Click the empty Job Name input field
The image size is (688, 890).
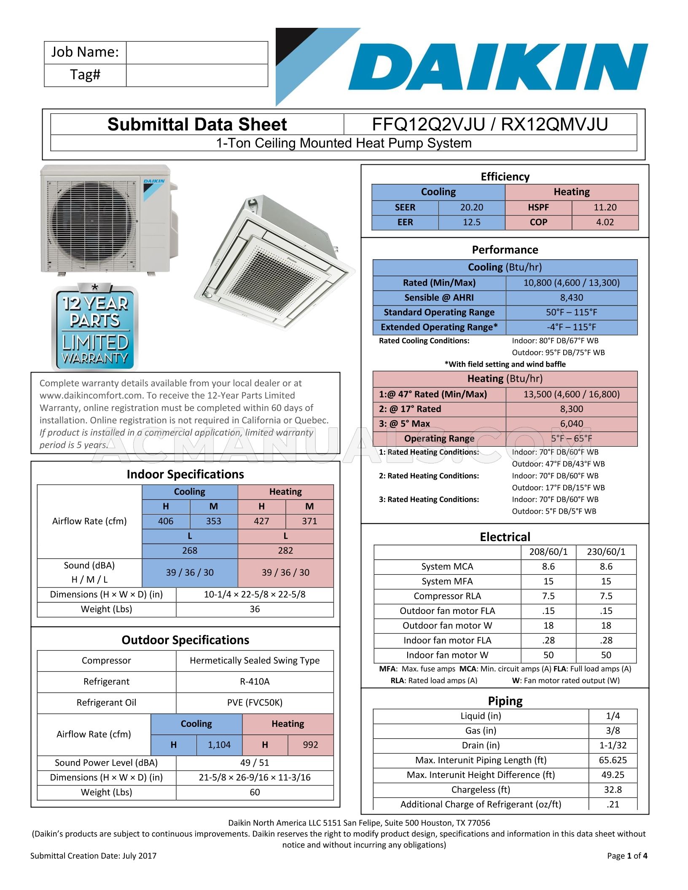coord(197,53)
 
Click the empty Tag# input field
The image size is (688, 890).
coord(197,75)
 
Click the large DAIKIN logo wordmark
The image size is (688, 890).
coord(497,67)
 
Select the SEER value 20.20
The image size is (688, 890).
coord(471,207)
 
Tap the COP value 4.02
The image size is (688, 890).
coord(605,222)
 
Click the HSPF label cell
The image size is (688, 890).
coord(538,207)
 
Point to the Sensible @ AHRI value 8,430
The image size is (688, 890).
coord(571,298)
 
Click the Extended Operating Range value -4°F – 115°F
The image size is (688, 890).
coord(571,327)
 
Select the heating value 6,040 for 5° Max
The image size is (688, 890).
coord(571,424)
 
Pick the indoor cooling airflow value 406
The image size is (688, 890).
coord(166,521)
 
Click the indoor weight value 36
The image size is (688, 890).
coord(255,609)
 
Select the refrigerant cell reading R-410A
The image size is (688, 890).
coord(255,681)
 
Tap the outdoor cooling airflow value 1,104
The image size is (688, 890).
coord(219,745)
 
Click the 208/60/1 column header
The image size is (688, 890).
coord(548,552)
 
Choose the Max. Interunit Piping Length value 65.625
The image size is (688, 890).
coord(613,760)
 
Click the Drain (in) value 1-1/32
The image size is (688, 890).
coord(613,745)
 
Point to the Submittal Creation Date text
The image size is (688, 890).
coord(93,855)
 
